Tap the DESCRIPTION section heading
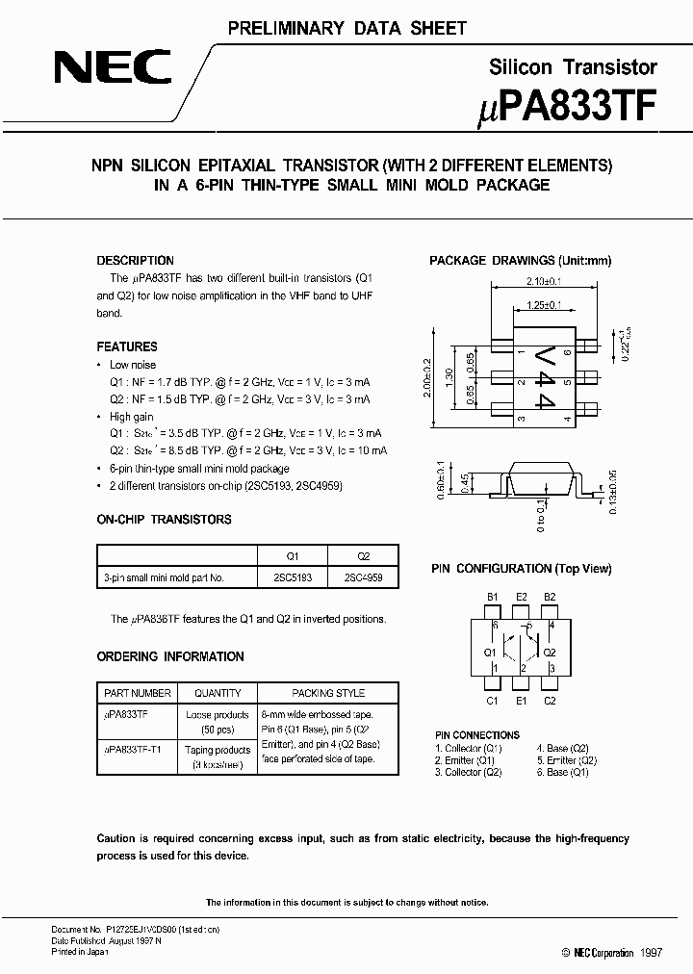point(136,261)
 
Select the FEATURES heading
point(127,346)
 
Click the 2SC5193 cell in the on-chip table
point(293,578)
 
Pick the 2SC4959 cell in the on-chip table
point(362,578)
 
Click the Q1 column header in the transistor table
point(293,556)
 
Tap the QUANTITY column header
point(218,693)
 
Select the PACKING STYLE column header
point(328,693)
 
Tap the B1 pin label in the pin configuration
point(492,597)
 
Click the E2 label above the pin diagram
point(522,597)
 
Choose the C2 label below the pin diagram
point(551,701)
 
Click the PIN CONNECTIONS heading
point(477,735)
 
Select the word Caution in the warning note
point(116,838)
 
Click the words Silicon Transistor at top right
point(574,66)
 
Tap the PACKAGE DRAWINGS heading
point(520,261)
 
